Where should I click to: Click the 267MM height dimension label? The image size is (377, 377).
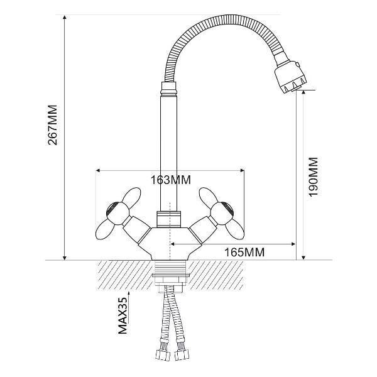click(x=53, y=125)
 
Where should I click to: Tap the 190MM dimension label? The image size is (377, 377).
click(x=314, y=177)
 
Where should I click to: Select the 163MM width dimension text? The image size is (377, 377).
click(x=170, y=180)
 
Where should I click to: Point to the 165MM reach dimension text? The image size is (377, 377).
click(x=244, y=252)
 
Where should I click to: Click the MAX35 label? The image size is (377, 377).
click(x=123, y=315)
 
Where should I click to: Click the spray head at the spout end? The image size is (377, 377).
click(x=290, y=77)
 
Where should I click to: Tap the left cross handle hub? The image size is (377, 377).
click(x=117, y=213)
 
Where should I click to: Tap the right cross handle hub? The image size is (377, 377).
click(x=222, y=213)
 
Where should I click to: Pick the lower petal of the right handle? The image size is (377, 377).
click(x=235, y=229)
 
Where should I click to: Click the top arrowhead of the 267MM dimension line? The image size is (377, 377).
click(x=64, y=17)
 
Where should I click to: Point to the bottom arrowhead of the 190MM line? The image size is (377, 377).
click(x=303, y=258)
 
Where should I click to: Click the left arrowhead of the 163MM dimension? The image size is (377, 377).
click(x=98, y=171)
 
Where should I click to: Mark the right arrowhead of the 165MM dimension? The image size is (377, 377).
click(x=293, y=244)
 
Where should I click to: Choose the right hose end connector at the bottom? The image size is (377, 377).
click(x=182, y=354)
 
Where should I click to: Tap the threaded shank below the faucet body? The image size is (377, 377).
click(x=170, y=267)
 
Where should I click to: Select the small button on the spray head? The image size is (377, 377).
click(x=298, y=65)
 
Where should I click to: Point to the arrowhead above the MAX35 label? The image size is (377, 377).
click(x=129, y=293)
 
